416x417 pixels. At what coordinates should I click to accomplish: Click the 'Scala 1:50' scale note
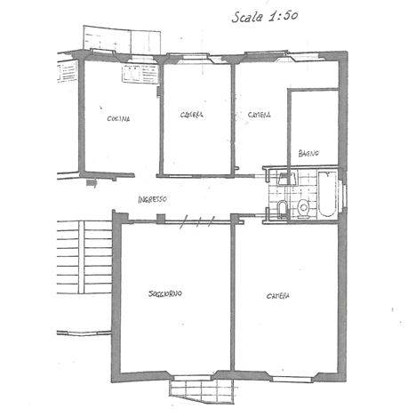tap(265, 16)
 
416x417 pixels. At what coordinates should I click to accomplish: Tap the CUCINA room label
tap(118, 119)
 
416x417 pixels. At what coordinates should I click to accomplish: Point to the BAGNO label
tap(308, 154)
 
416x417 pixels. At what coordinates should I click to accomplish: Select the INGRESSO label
tap(153, 199)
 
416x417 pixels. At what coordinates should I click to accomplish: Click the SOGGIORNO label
tap(165, 293)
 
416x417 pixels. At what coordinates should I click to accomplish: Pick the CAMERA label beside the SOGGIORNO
tap(278, 296)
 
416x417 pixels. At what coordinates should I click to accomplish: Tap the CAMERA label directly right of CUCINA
tap(192, 115)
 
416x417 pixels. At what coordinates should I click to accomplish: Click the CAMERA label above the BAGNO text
tap(259, 115)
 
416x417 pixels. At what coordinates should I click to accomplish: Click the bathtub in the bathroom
tap(327, 194)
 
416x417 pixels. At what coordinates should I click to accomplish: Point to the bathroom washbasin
tap(287, 178)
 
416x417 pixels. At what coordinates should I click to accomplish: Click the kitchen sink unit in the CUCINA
tap(140, 74)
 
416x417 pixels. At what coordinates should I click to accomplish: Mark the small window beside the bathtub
tap(345, 196)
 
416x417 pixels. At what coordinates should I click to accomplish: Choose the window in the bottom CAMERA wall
tap(293, 379)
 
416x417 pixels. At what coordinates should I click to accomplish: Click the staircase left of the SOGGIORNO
tap(84, 257)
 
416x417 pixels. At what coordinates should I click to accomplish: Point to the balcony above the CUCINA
tap(122, 40)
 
